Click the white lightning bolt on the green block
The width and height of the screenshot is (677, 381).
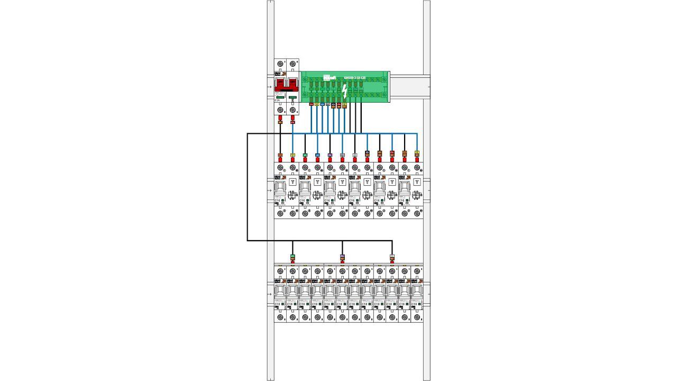click(344, 92)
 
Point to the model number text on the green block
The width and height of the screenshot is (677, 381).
click(354, 78)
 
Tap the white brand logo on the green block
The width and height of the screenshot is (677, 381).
click(330, 78)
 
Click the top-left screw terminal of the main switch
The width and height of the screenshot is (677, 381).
click(280, 65)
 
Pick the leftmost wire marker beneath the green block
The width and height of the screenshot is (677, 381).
click(311, 104)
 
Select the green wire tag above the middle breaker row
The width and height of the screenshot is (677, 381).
click(305, 155)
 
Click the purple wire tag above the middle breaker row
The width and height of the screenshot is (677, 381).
click(330, 155)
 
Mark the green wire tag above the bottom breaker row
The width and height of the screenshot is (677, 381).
click(292, 257)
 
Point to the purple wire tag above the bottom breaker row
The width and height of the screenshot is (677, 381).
click(342, 257)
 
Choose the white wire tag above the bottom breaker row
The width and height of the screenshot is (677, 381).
click(392, 257)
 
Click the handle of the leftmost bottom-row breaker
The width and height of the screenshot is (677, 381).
click(280, 291)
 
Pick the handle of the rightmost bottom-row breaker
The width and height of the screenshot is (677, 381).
click(417, 291)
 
